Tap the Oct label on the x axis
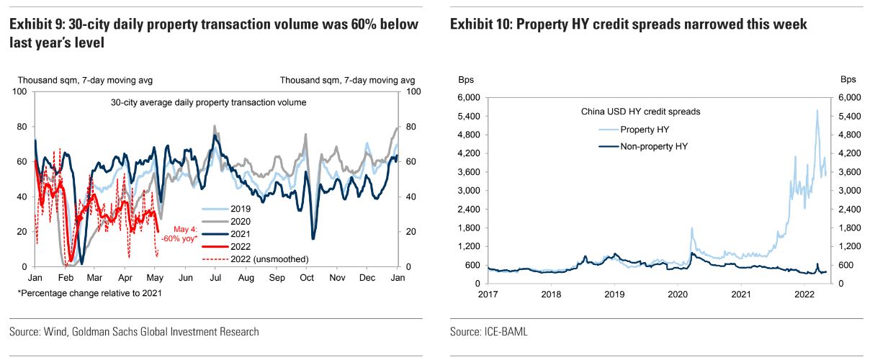coord(308,278)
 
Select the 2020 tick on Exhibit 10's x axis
coord(677,294)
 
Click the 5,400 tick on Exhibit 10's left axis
coord(467,116)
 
